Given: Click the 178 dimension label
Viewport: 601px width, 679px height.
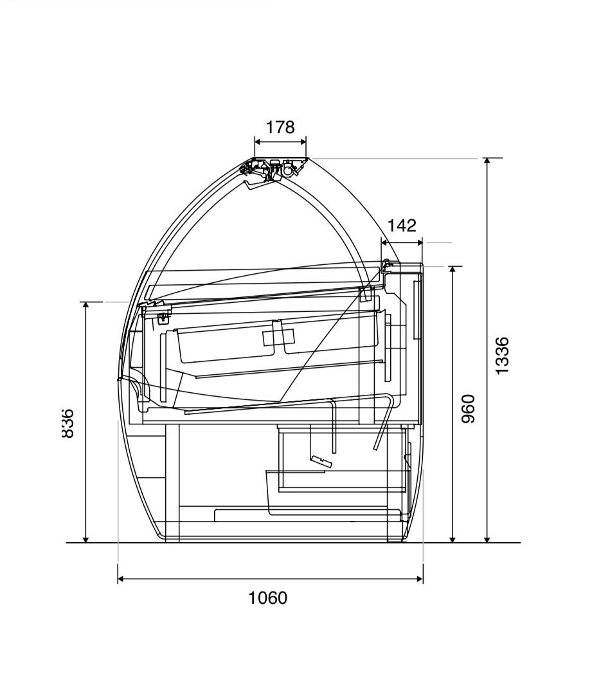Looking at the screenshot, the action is (x=280, y=127).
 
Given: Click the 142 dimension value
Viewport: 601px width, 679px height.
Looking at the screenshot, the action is (x=401, y=226).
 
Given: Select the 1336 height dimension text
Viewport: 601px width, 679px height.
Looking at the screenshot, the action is (x=502, y=356).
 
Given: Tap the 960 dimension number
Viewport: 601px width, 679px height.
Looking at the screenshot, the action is (x=468, y=409).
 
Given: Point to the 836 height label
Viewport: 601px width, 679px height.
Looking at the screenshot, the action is (x=67, y=423).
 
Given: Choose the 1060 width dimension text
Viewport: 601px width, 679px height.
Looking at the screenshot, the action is (x=267, y=598).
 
